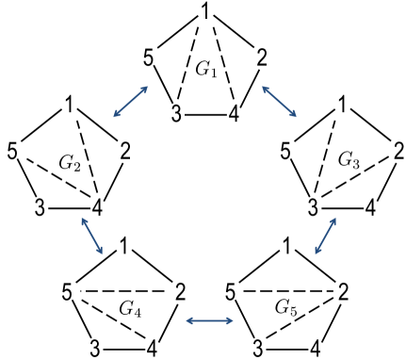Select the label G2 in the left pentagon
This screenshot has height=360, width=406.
pos(70,162)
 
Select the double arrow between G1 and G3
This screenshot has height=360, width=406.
pos(279,101)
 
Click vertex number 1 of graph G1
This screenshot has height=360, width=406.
pos(204,11)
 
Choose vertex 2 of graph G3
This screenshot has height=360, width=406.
pos(398,150)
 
